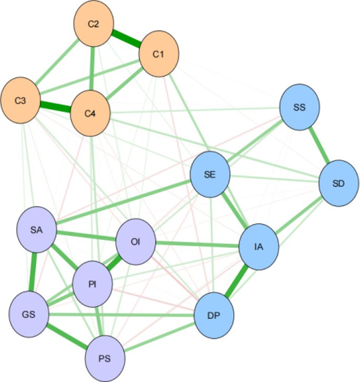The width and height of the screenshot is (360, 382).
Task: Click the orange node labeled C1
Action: tap(159, 54)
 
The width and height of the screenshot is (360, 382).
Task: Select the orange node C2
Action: tap(93, 25)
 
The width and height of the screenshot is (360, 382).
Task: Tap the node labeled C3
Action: tap(20, 100)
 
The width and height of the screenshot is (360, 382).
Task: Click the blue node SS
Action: tap(300, 107)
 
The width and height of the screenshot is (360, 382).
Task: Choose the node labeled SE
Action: tap(210, 175)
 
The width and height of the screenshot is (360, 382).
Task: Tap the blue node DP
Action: tap(214, 315)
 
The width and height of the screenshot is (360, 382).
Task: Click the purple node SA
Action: tap(37, 229)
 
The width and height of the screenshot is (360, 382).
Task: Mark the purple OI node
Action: tap(136, 242)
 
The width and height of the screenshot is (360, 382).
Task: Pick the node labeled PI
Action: tap(92, 285)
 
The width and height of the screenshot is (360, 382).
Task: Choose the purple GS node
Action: tap(29, 315)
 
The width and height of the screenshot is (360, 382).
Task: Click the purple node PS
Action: tap(106, 358)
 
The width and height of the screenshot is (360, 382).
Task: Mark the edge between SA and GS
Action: tap(33, 272)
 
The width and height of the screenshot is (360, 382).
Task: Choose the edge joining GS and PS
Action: tap(67, 336)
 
